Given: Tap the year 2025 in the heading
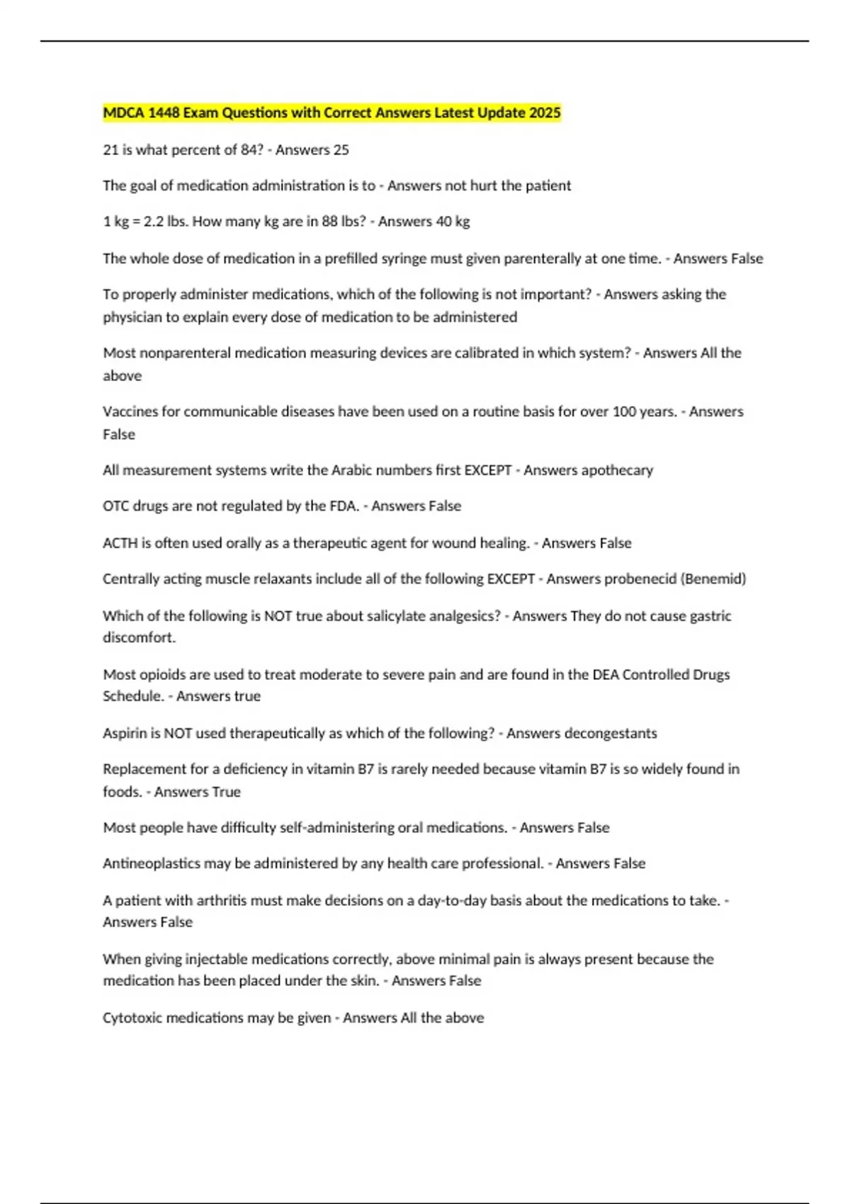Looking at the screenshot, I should coord(545,113).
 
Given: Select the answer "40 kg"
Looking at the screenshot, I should coord(453,222).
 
